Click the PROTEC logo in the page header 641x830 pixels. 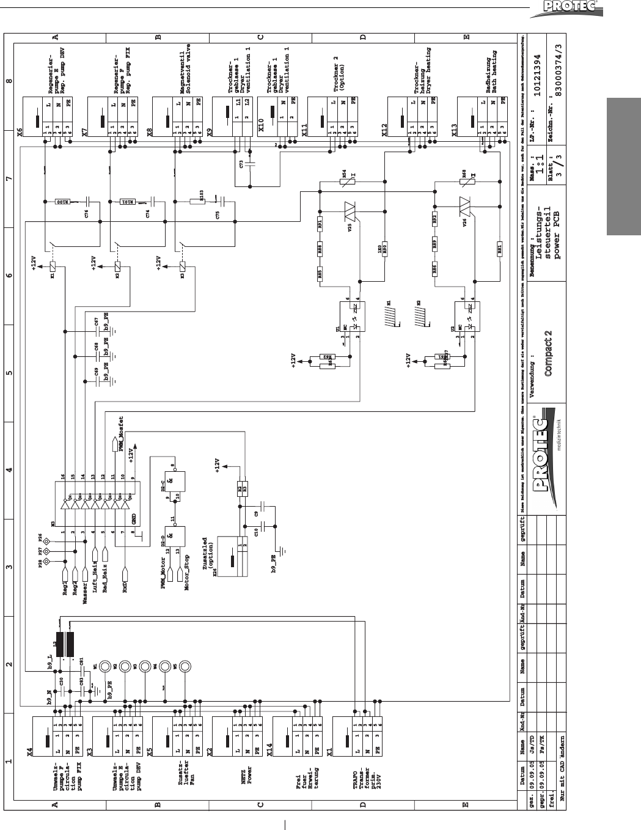(580, 8)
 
